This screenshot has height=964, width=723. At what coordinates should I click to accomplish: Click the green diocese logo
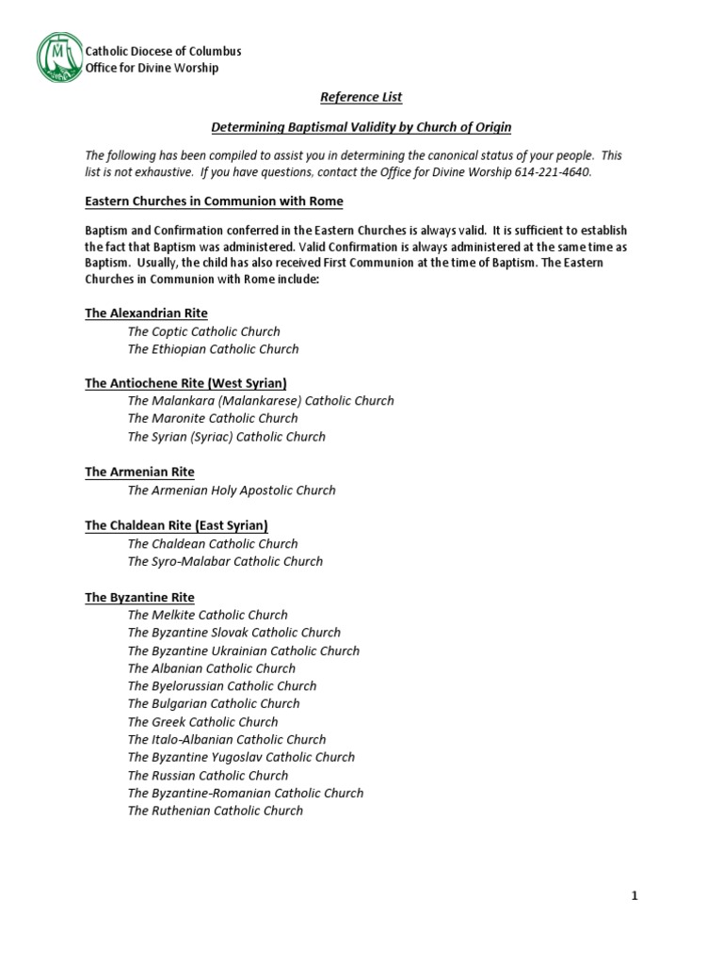click(x=60, y=58)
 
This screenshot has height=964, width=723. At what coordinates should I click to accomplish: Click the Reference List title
click(x=361, y=97)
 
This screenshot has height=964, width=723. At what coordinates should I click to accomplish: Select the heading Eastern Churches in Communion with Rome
click(x=214, y=201)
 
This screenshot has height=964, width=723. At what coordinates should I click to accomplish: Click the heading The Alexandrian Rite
click(x=146, y=313)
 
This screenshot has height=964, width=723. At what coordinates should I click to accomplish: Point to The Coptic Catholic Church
click(x=203, y=331)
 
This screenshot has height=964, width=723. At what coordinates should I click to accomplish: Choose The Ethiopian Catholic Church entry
click(x=213, y=349)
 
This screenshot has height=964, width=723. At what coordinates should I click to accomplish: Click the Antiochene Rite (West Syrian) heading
click(x=185, y=383)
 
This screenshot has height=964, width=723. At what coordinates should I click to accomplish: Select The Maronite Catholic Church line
click(x=213, y=418)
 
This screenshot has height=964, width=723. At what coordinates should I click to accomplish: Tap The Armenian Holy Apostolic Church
click(x=232, y=490)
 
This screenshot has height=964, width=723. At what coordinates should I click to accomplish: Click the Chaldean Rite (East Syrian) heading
click(x=176, y=525)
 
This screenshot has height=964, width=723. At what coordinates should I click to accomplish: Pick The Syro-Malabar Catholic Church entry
click(x=225, y=561)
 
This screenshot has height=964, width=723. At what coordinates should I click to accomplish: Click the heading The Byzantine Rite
click(x=139, y=597)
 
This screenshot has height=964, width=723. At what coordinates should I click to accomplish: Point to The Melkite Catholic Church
click(x=208, y=615)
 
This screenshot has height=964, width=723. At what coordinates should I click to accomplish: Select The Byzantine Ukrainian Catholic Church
click(x=244, y=651)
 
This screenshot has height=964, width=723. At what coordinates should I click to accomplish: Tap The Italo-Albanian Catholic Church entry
click(x=227, y=740)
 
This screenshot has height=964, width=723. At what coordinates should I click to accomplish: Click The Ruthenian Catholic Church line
click(x=216, y=811)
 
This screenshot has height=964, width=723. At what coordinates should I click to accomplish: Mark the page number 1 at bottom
click(x=635, y=896)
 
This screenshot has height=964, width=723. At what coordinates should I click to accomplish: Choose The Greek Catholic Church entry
click(x=203, y=722)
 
